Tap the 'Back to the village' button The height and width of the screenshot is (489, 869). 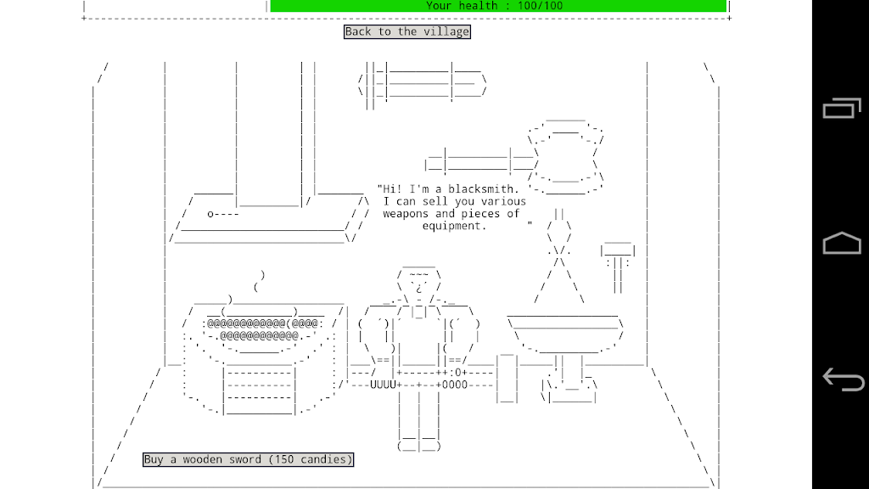[x=406, y=31]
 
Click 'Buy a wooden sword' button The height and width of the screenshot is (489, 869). [x=248, y=459]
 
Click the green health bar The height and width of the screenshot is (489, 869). [x=497, y=6]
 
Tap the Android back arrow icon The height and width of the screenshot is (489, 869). [x=843, y=379]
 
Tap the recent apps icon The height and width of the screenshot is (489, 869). [x=842, y=108]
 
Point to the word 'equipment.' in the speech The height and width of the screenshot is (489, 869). [x=454, y=226]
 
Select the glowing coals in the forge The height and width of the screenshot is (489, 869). [x=261, y=329]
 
